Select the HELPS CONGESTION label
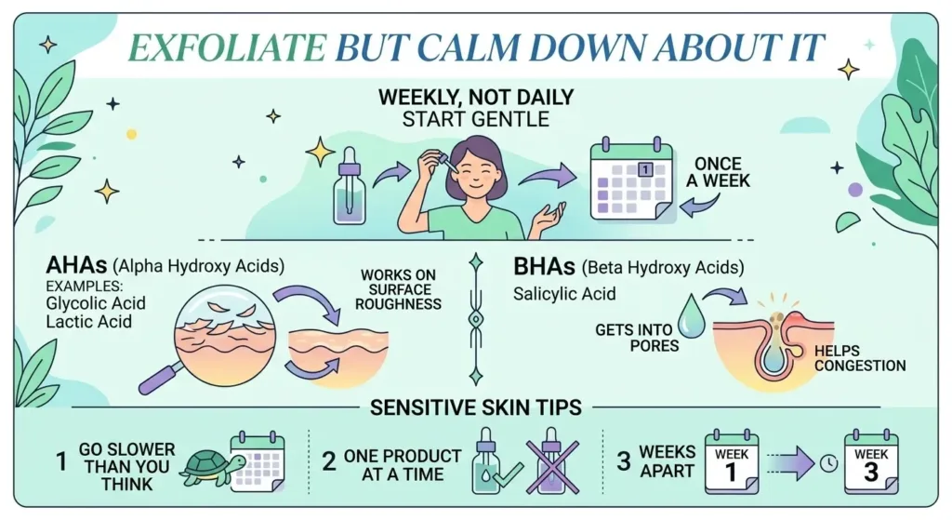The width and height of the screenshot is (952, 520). click(858, 358)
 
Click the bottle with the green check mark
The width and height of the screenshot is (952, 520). click(487, 462)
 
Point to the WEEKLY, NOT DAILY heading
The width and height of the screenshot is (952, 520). click(475, 98)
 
